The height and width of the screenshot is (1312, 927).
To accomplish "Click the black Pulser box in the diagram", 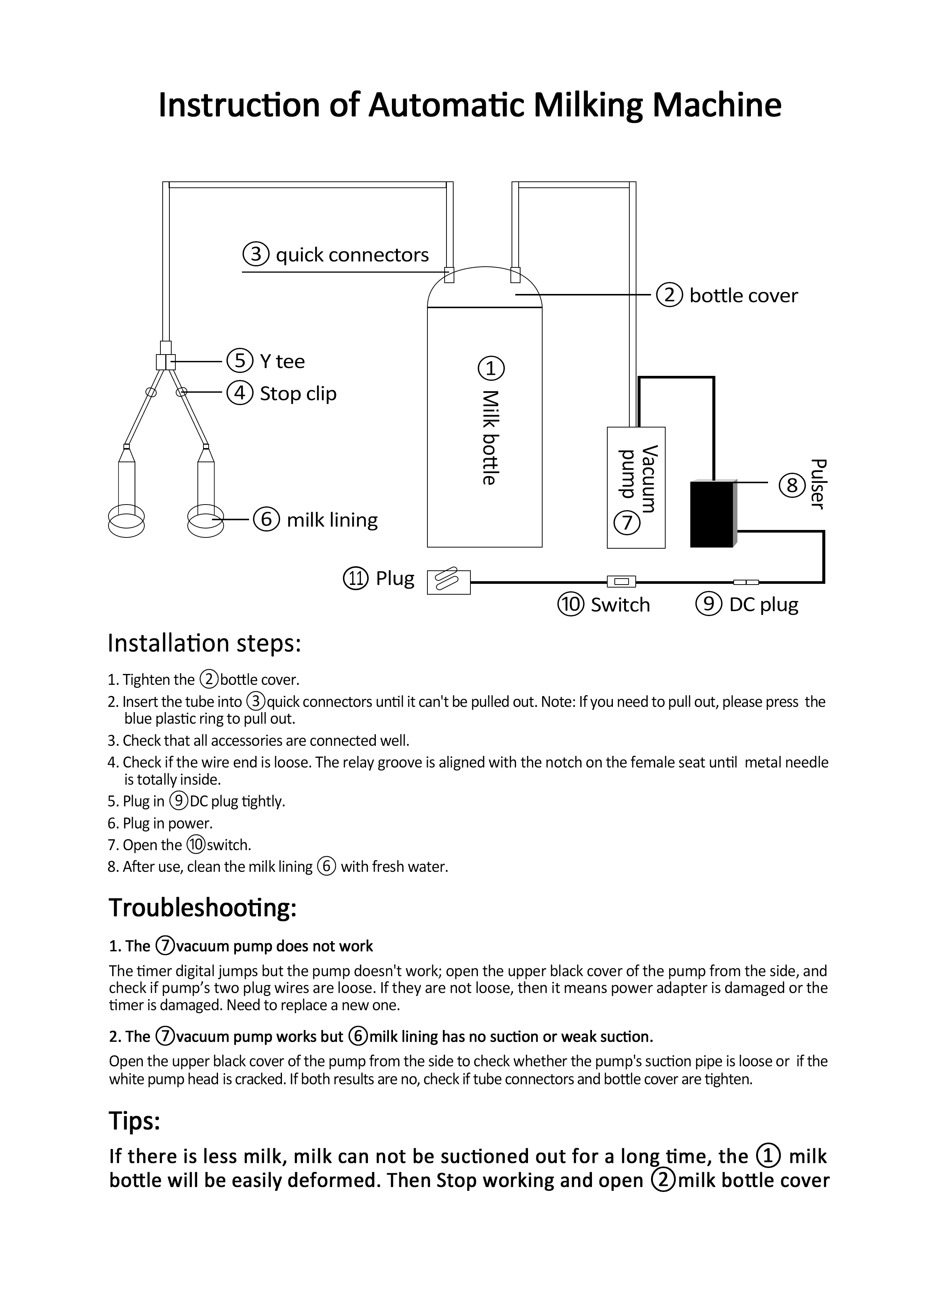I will [x=712, y=514].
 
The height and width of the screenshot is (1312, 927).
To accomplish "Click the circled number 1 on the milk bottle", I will [x=491, y=368].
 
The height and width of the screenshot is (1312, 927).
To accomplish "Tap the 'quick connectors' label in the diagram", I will [x=352, y=255].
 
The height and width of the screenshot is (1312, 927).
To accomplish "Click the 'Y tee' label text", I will [x=282, y=361].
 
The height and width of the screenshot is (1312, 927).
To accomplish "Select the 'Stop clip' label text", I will [x=298, y=393].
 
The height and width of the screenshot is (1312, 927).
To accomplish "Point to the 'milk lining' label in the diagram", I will [x=332, y=520].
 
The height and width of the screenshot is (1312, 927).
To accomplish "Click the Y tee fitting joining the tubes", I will [x=166, y=362].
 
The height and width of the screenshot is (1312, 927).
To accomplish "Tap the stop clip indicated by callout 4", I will [x=182, y=392].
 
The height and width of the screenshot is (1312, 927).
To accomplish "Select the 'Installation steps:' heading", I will [x=204, y=643].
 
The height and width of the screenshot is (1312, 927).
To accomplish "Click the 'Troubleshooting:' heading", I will [x=203, y=907].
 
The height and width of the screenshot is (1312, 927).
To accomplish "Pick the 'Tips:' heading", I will [x=134, y=1121].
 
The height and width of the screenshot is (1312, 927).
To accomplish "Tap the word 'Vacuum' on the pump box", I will [x=650, y=479].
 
